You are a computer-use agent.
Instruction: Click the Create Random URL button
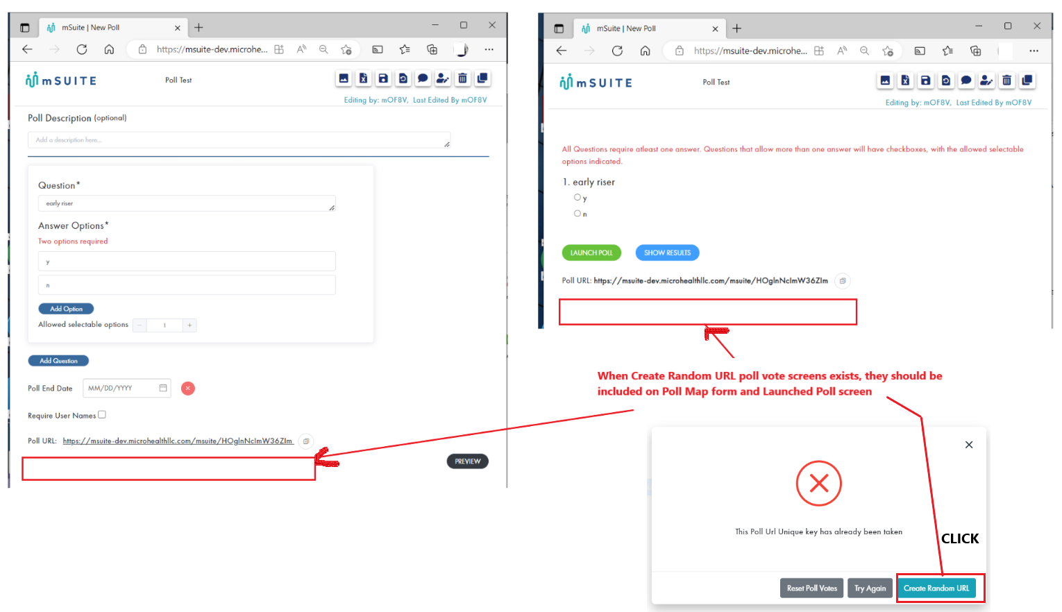[936, 588]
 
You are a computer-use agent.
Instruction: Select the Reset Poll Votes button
[811, 588]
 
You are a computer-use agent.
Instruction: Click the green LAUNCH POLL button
[591, 253]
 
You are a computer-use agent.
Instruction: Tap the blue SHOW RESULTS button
[667, 253]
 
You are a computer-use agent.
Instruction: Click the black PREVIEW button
[467, 461]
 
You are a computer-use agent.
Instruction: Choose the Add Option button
[66, 309]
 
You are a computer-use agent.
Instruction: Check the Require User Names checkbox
[102, 415]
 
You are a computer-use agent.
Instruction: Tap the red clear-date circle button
[188, 389]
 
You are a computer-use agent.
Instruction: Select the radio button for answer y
[577, 198]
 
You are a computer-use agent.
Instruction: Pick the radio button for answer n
[577, 214]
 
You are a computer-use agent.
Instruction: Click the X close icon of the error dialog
[969, 445]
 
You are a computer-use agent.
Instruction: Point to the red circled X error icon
[819, 484]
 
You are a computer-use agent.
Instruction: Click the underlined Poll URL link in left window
[178, 441]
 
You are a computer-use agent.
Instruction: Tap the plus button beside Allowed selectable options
[189, 325]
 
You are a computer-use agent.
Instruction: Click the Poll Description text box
[239, 140]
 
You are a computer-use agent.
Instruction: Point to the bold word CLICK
[960, 538]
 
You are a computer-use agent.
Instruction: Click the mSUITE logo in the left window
[61, 80]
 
